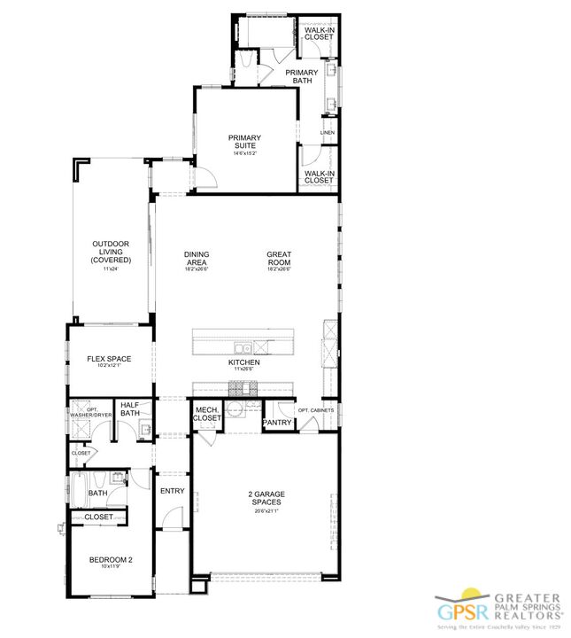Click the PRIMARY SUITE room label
[x=244, y=141]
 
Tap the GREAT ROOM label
[x=279, y=259]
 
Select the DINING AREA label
[x=197, y=259]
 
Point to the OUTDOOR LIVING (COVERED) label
[x=111, y=252]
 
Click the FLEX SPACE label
[x=109, y=359]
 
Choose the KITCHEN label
[x=244, y=362]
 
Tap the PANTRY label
[x=278, y=423]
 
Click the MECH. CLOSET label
[x=207, y=414]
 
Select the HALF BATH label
[x=130, y=408]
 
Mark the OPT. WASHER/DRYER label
[x=90, y=410]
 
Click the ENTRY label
[x=171, y=490]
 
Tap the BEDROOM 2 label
[x=111, y=559]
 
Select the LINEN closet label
[x=327, y=133]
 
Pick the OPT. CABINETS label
[x=315, y=410]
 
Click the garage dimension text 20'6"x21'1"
[x=266, y=511]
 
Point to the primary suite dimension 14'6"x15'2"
[x=244, y=153]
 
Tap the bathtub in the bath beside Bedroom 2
[x=78, y=488]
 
